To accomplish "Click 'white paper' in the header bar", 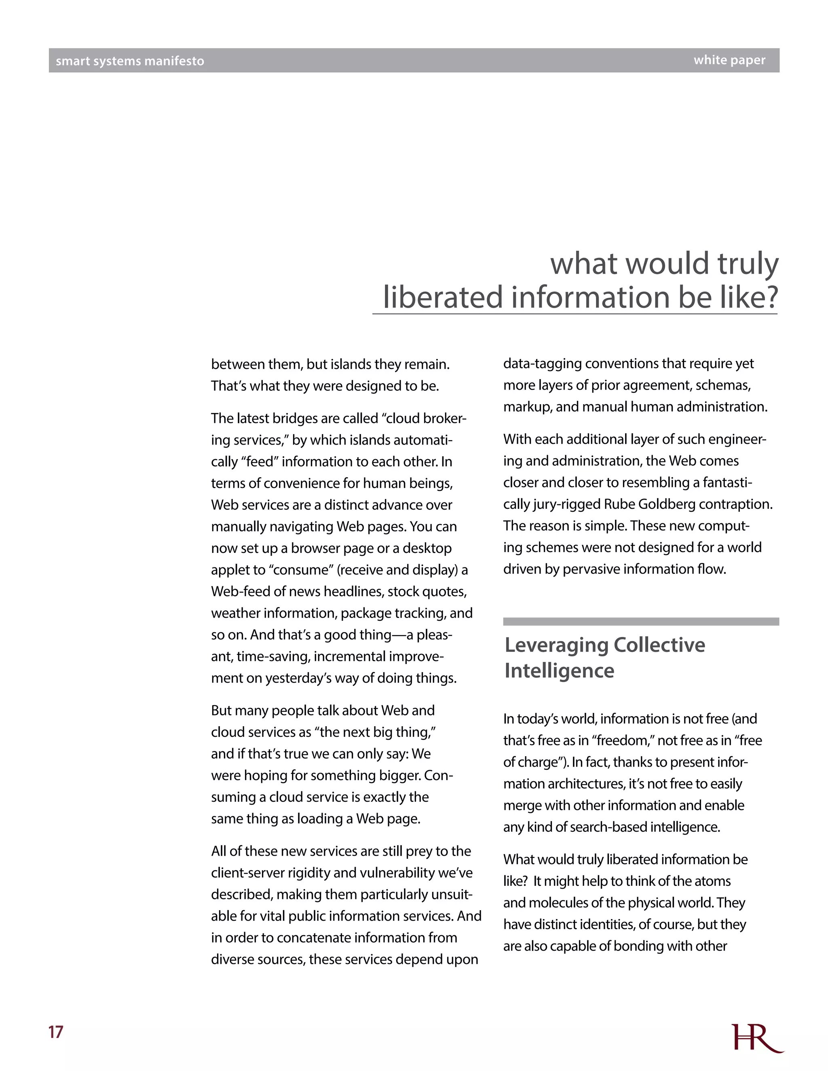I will coord(729,60).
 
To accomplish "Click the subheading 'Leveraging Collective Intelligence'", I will coord(604,658).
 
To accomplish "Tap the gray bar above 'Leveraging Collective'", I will coord(641,621).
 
